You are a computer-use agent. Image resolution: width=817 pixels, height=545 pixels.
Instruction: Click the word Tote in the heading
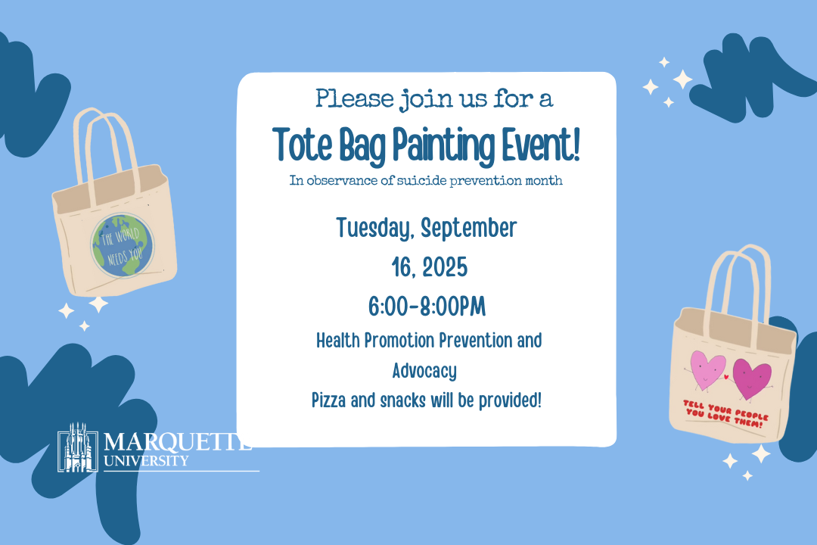(302, 145)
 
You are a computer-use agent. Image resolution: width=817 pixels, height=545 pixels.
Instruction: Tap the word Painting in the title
(443, 147)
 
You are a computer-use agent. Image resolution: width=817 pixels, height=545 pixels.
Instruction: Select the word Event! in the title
(541, 145)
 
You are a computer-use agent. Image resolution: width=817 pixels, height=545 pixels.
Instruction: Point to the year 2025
(445, 267)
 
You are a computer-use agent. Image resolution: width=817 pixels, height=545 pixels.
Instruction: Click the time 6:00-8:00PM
(427, 307)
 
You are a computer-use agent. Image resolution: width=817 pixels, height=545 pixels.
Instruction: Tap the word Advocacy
(424, 372)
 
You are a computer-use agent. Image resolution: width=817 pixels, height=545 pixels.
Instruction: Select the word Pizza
(329, 400)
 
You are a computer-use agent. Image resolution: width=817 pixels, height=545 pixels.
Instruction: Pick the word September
(469, 229)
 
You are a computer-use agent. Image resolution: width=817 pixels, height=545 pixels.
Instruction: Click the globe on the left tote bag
(123, 246)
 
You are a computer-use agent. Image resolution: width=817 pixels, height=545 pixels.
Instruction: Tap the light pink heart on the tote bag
(707, 369)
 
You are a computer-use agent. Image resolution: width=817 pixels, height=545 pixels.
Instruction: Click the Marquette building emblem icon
(78, 447)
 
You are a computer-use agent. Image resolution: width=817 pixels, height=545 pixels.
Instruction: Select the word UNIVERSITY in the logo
(146, 461)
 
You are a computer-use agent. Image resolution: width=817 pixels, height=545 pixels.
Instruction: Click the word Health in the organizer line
(338, 341)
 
